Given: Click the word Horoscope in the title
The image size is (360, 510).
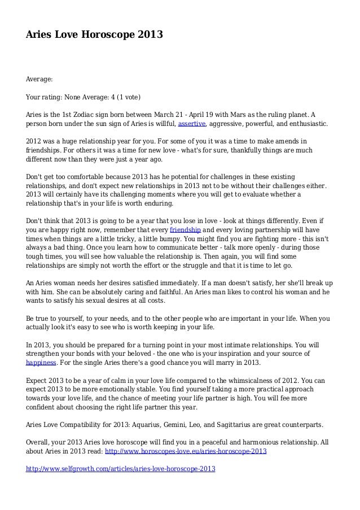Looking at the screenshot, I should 106,35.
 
